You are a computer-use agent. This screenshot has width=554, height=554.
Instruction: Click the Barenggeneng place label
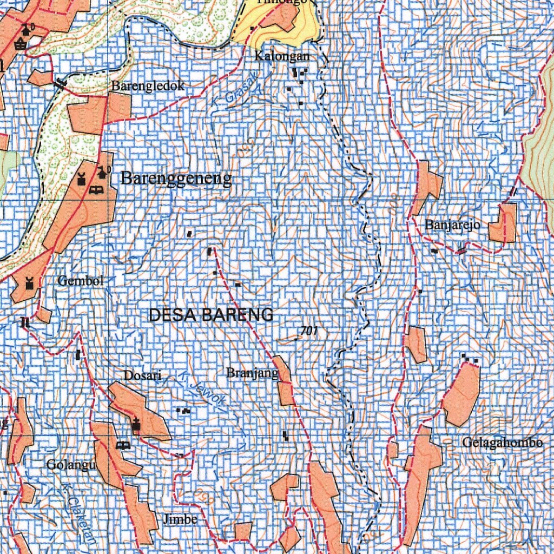click(176, 178)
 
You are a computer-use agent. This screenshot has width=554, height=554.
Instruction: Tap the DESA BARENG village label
click(210, 315)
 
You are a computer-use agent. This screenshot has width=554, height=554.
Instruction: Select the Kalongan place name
click(283, 56)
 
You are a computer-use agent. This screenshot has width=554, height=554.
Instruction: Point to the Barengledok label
click(148, 85)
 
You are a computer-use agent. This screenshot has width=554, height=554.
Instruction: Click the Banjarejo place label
click(453, 225)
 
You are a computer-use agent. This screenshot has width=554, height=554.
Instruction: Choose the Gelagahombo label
click(502, 443)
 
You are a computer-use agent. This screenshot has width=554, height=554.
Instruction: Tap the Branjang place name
click(252, 373)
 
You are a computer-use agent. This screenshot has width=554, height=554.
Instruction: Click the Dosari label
click(140, 375)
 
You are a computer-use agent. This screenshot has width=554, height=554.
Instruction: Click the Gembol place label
click(80, 281)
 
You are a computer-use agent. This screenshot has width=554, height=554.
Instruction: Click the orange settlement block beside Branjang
click(284, 381)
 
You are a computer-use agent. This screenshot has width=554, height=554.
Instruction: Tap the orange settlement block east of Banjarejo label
click(503, 223)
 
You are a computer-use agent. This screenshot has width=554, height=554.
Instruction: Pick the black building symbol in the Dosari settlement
click(136, 425)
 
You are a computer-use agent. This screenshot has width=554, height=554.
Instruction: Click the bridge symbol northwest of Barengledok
click(60, 84)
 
